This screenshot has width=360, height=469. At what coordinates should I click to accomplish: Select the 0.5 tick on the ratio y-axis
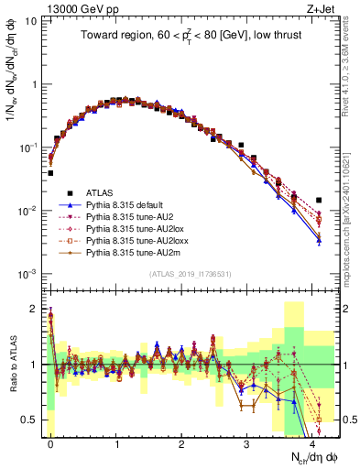point(32,420)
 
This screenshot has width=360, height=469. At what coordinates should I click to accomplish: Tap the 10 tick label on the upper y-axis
point(31,20)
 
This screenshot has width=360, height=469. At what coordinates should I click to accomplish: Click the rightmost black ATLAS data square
point(319,200)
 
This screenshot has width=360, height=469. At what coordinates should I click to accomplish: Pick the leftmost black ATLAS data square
point(50,172)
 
